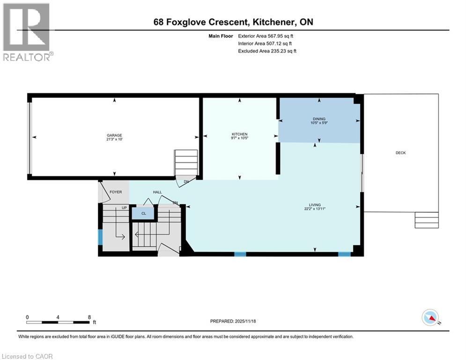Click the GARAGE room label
click(x=115, y=135)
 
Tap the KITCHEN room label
click(x=239, y=134)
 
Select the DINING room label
click(x=319, y=119)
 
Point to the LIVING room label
click(x=314, y=204)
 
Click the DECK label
click(x=400, y=153)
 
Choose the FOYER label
click(x=115, y=192)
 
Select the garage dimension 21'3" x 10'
click(x=115, y=140)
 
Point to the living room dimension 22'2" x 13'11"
click(x=314, y=209)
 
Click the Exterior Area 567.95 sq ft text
click(x=266, y=36)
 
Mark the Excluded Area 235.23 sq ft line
click(x=267, y=51)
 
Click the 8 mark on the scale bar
click(x=89, y=317)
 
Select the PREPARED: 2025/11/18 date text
click(x=234, y=321)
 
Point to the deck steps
click(x=427, y=220)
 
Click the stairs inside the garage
click(x=186, y=162)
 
